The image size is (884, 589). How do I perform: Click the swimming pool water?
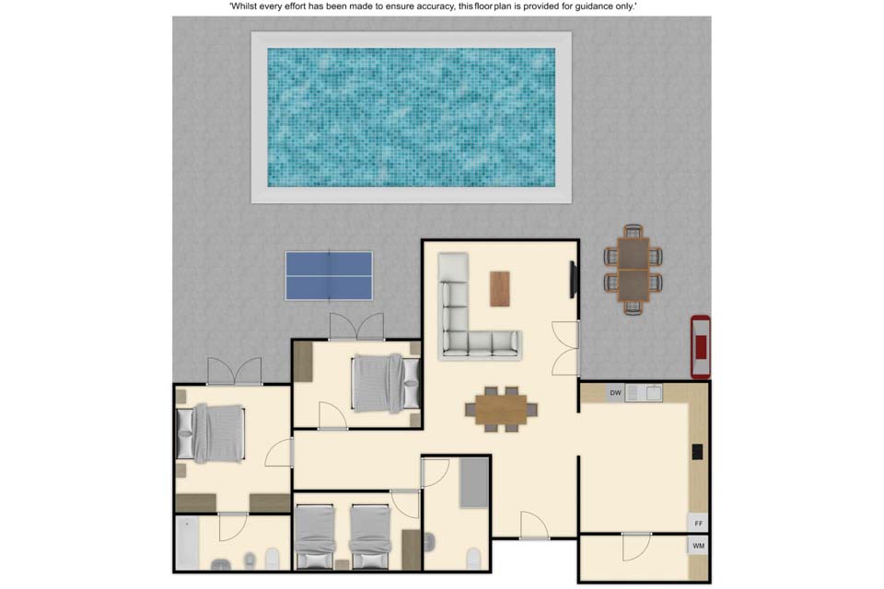(x=411, y=117)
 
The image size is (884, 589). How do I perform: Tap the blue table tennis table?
(x=329, y=275)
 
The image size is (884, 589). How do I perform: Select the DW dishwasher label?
(x=615, y=393)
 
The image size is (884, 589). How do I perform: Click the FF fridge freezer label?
(x=699, y=524)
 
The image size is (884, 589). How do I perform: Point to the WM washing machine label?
(x=699, y=546)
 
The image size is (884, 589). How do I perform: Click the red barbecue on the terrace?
(x=701, y=347)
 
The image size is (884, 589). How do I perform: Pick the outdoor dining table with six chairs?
(x=634, y=270)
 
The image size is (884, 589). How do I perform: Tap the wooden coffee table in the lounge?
(x=499, y=289)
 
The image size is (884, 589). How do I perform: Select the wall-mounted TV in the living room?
(x=574, y=279)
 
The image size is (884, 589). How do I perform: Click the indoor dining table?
(x=501, y=410)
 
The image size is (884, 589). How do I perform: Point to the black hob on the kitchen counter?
(x=697, y=452)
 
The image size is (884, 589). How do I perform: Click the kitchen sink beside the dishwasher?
(x=654, y=393)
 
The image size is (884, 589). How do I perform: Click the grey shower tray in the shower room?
(x=474, y=482)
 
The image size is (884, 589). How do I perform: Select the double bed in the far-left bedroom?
(x=211, y=433)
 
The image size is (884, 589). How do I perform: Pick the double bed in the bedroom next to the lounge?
(x=386, y=383)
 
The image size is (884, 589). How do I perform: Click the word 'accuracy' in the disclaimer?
(x=432, y=6)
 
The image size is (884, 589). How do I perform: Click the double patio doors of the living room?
(x=566, y=348)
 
